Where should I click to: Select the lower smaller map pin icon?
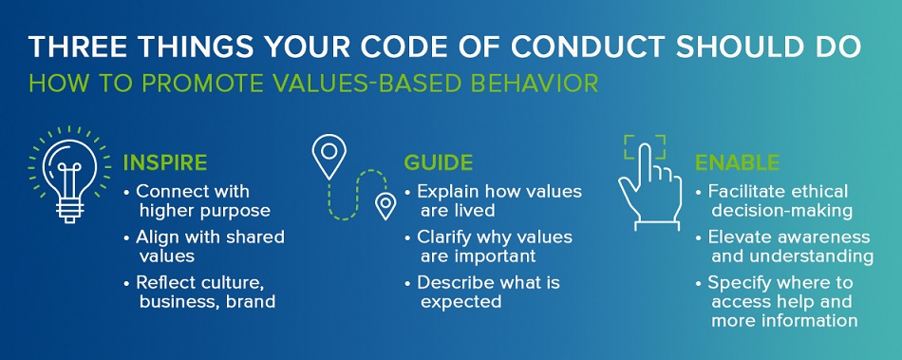pos(385,204)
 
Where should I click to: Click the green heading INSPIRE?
pos(165,163)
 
